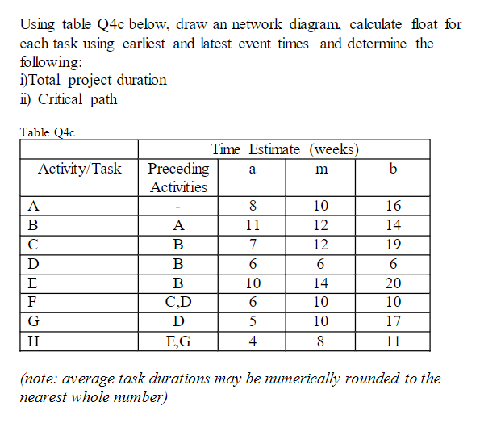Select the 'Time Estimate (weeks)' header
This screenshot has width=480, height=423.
285,149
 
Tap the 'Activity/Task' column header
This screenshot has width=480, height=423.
80,169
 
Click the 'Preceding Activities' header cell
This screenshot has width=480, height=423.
178,178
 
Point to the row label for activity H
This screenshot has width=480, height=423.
33,341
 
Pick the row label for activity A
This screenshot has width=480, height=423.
33,205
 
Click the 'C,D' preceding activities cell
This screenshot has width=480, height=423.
178,302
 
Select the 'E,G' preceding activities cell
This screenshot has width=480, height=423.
178,341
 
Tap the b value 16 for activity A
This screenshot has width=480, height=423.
393,205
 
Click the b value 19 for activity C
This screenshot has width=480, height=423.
393,244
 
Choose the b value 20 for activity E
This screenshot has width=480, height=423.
393,283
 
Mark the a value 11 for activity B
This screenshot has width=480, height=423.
253,224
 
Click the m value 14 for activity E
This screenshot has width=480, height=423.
321,283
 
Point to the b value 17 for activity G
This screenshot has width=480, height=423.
393,321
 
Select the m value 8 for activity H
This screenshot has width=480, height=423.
321,341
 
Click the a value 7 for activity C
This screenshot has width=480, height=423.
253,244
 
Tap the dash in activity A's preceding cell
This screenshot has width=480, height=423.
178,205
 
